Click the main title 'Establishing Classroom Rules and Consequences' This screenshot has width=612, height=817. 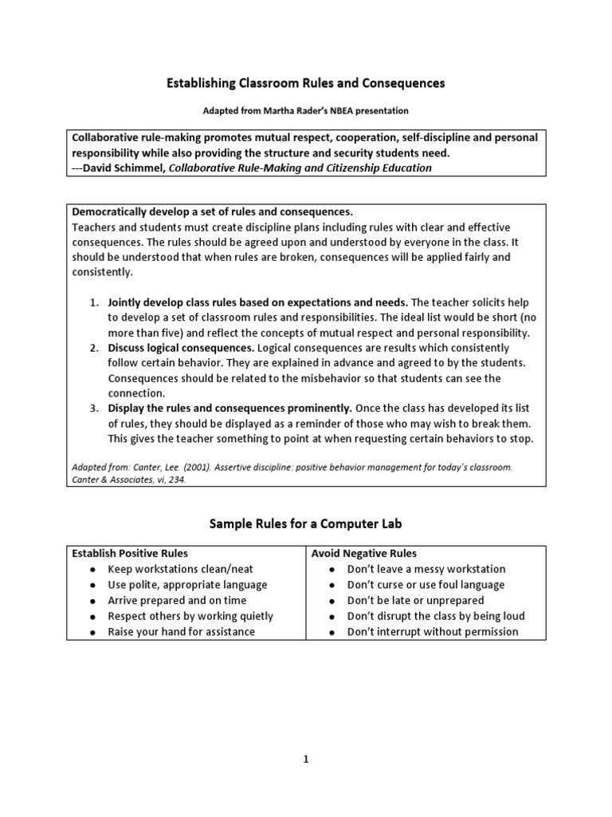pyautogui.click(x=305, y=82)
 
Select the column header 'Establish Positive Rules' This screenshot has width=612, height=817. pyautogui.click(x=131, y=553)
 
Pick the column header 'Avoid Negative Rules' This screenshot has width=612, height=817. pyautogui.click(x=364, y=553)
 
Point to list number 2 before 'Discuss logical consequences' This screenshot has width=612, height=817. pyautogui.click(x=93, y=348)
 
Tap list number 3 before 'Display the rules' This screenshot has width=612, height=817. pyautogui.click(x=93, y=408)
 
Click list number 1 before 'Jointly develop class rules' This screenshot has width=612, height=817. pyautogui.click(x=93, y=302)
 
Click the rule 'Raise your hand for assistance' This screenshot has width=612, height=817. pyautogui.click(x=182, y=631)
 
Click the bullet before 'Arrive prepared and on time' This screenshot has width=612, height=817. pyautogui.click(x=93, y=601)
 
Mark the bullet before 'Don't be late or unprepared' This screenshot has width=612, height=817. pyautogui.click(x=333, y=601)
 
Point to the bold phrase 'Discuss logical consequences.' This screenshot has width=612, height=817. pyautogui.click(x=182, y=348)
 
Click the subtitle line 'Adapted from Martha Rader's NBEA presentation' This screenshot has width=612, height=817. pyautogui.click(x=305, y=110)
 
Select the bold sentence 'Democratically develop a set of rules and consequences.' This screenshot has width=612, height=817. pyautogui.click(x=212, y=211)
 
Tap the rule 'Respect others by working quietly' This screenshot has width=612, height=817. pyautogui.click(x=190, y=616)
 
